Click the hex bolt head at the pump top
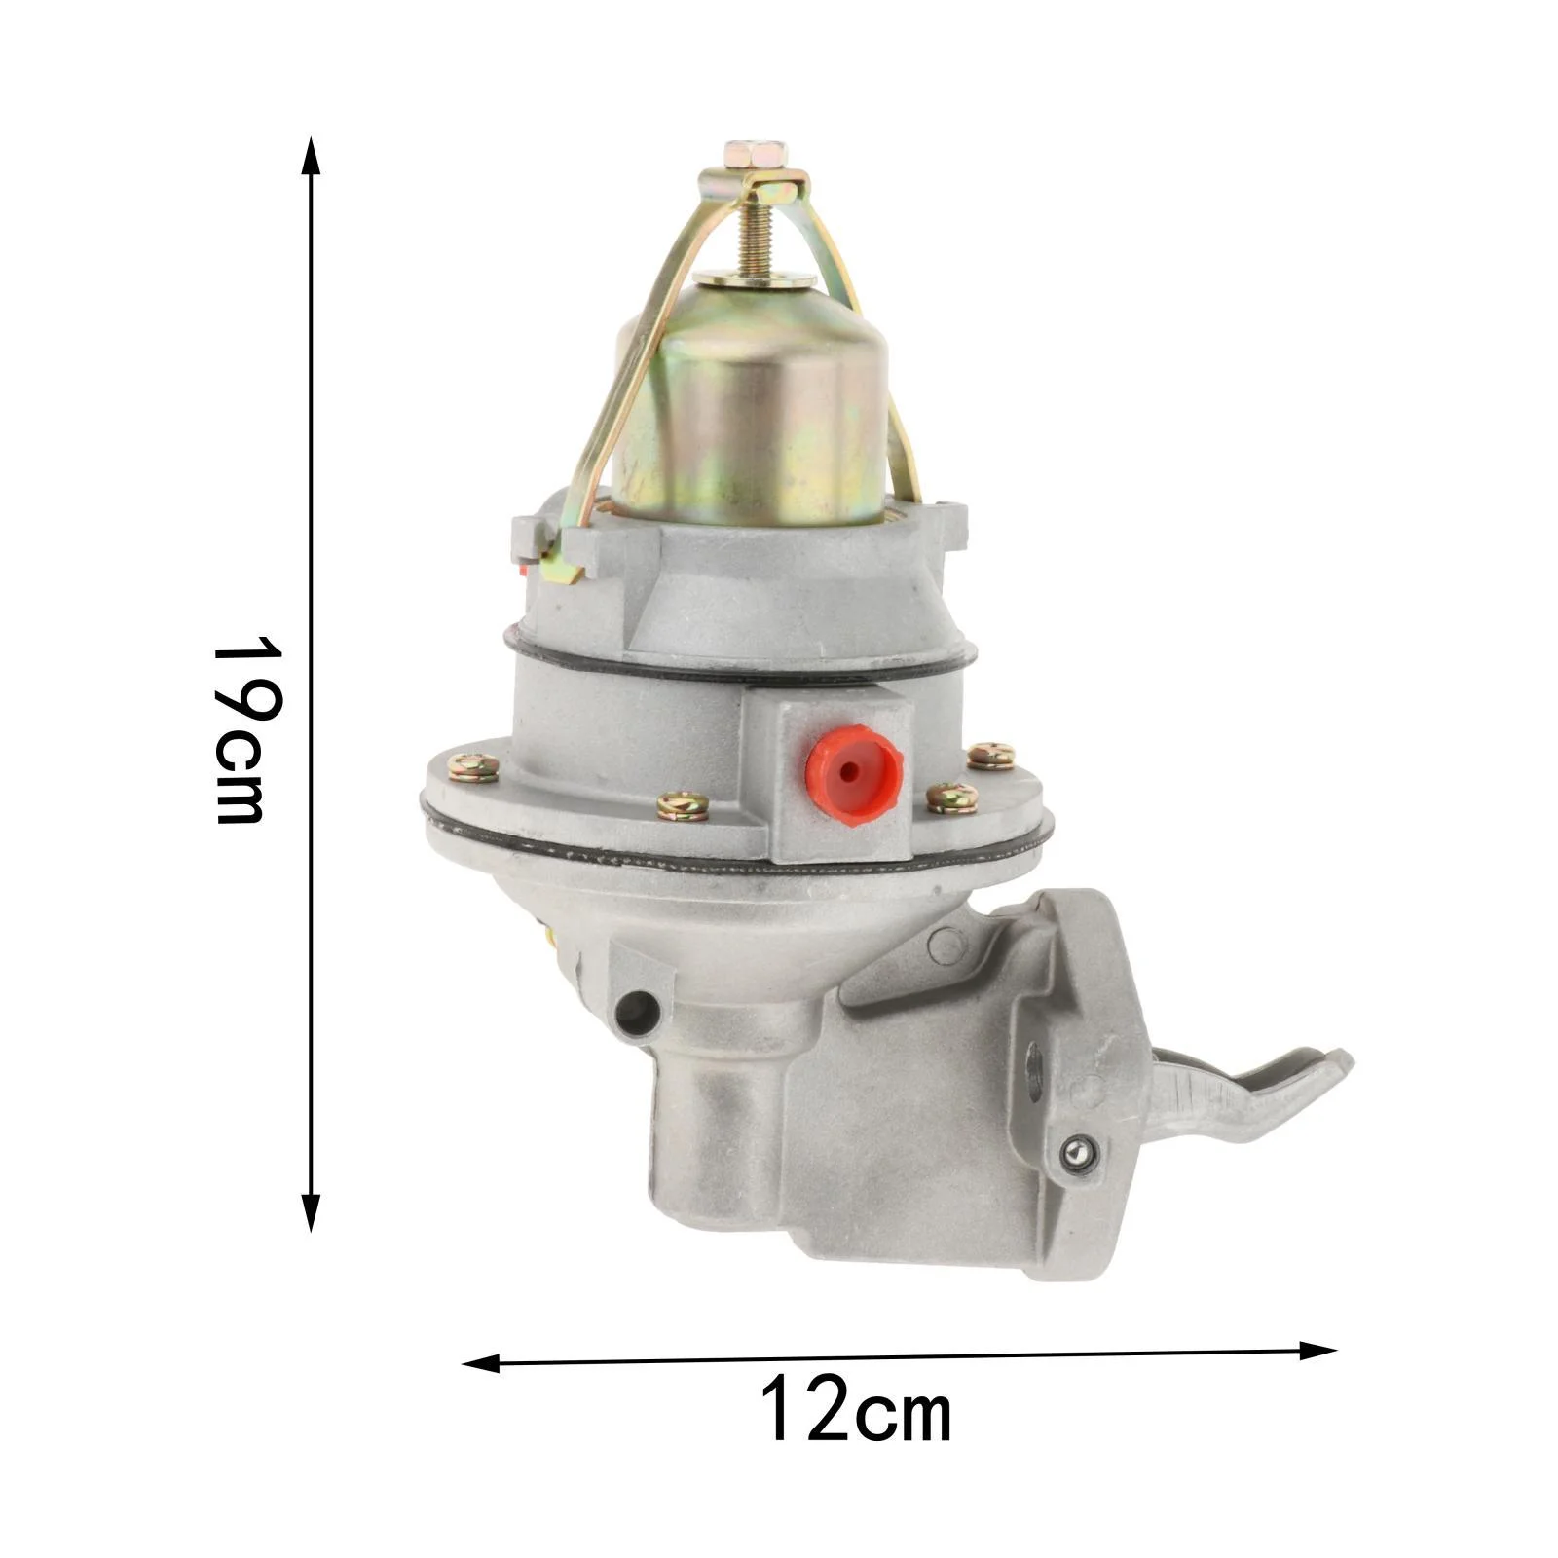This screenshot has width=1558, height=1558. tap(756, 155)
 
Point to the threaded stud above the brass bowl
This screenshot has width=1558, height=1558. tap(753, 238)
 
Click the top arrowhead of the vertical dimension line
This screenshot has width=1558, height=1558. tap(311, 156)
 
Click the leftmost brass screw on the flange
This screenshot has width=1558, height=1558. tap(473, 768)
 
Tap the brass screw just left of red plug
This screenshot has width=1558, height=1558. tap(682, 806)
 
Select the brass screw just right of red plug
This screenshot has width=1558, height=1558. tap(951, 798)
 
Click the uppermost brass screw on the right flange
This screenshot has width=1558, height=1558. tap(991, 755)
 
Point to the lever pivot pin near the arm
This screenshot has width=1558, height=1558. tap(1078, 1153)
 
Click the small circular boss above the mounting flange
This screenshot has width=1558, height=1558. tap(945, 943)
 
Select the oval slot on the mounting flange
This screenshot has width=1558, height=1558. tap(1034, 1070)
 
